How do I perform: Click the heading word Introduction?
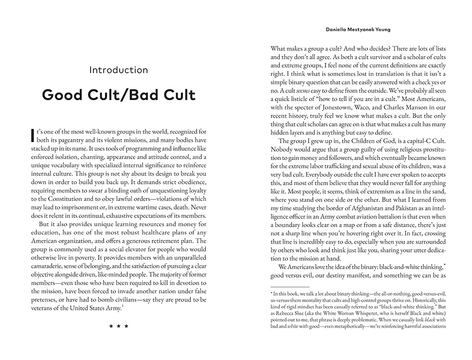(x=119, y=70)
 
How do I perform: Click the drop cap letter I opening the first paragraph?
(x=33, y=134)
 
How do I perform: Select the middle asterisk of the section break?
(x=119, y=326)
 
